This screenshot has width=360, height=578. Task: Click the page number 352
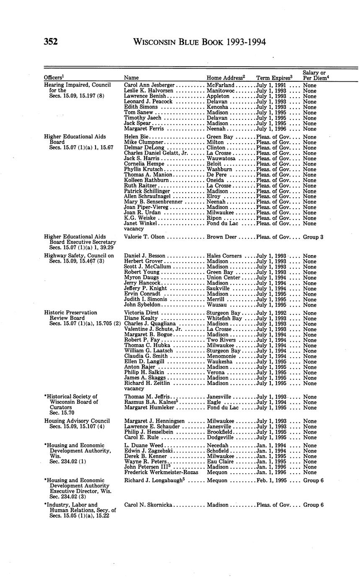pos(50,42)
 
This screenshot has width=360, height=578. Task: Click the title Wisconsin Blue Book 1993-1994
pos(199,42)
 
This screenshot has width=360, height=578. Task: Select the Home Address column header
pos(225,78)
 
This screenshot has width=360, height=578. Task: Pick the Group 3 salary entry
pos(313,237)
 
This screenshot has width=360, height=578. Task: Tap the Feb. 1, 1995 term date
pos(272,480)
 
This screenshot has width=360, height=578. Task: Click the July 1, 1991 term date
pos(271,85)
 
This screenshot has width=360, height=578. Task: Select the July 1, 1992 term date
pos(271,313)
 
